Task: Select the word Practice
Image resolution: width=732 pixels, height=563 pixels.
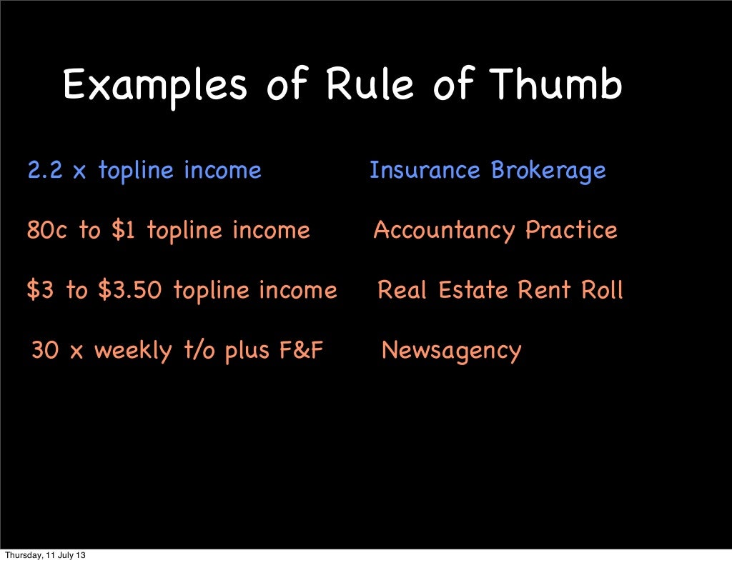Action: [571, 231]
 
